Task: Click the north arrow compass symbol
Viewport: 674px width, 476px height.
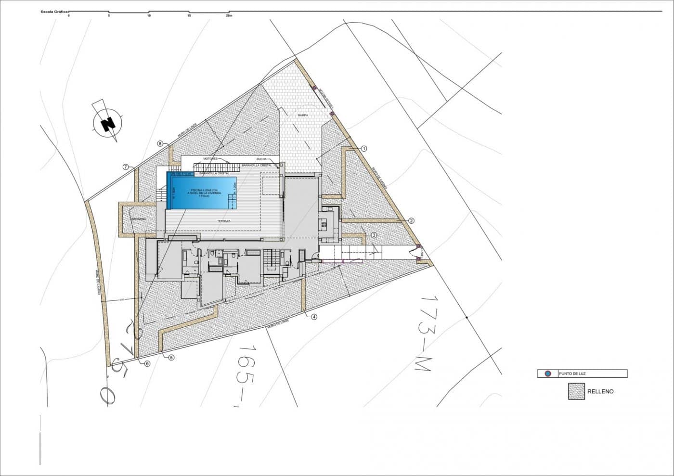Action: tap(108, 122)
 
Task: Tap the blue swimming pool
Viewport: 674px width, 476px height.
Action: tap(202, 192)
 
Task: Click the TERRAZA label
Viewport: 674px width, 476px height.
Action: tap(224, 221)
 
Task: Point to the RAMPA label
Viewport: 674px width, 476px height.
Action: tap(302, 116)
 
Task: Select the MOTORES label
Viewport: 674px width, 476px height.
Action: tap(210, 158)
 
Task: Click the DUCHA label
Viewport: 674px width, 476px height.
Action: tap(261, 158)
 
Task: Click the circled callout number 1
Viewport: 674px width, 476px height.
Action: tap(364, 149)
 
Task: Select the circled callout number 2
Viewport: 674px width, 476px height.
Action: tap(412, 220)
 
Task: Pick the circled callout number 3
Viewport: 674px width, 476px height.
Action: tap(374, 235)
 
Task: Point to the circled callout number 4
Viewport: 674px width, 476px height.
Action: tap(314, 317)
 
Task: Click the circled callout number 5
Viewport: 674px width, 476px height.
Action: tap(171, 357)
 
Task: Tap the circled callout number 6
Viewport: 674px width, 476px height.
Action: tap(147, 363)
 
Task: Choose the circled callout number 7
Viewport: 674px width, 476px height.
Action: tap(125, 167)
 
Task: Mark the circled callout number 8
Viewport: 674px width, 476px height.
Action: tap(160, 143)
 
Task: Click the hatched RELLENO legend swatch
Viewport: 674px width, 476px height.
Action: tap(576, 391)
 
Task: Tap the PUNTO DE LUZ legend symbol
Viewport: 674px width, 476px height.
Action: tap(547, 373)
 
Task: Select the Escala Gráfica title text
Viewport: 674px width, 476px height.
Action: tap(54, 10)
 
